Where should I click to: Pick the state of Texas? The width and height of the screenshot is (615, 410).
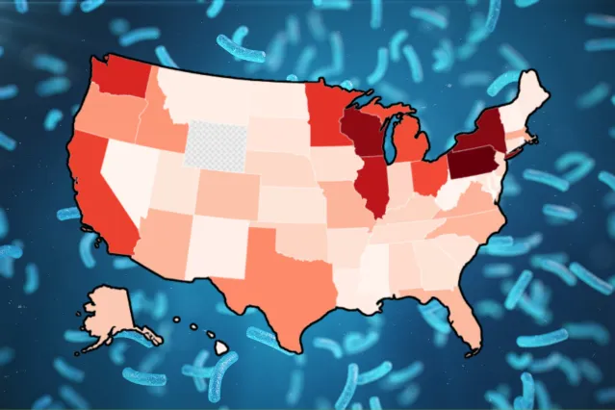tap(279, 269)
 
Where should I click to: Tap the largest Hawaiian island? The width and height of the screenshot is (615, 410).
tap(220, 347)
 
